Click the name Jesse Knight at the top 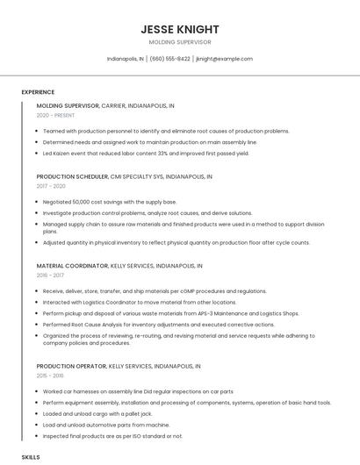tap(180, 29)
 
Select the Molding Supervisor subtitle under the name tap(180, 42)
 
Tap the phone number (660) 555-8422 tap(169, 59)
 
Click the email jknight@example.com tap(224, 59)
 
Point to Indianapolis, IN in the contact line tap(126, 59)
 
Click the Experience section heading tap(38, 92)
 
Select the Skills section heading tap(31, 457)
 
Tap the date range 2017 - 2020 tap(51, 186)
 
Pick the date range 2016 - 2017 tap(50, 275)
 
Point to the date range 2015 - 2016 tap(50, 375)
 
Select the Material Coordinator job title tap(70, 265)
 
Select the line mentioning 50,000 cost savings tap(109, 202)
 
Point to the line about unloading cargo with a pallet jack tap(97, 413)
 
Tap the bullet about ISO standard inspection tap(112, 435)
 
